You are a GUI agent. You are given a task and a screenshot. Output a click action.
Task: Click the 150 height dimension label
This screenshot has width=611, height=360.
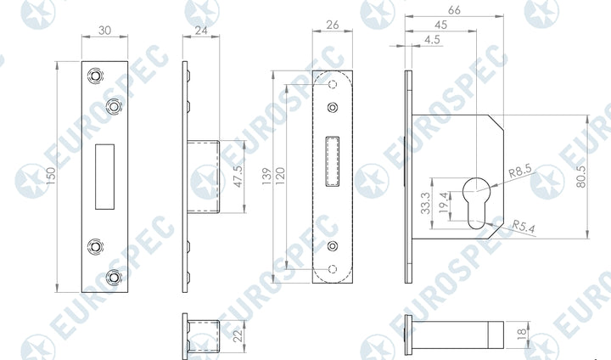click(x=52, y=176)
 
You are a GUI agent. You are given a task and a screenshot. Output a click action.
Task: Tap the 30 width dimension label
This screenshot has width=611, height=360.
click(x=104, y=31)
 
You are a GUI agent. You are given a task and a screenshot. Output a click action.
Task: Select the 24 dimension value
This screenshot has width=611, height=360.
click(x=201, y=30)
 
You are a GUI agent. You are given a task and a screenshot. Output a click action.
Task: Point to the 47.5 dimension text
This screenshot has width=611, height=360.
click(x=238, y=177)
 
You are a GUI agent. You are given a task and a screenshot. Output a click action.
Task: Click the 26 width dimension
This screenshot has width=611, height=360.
click(x=333, y=25)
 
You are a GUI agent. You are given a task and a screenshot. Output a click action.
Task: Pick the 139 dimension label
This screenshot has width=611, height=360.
click(x=266, y=177)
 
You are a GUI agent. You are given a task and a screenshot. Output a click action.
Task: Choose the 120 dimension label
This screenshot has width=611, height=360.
click(x=280, y=177)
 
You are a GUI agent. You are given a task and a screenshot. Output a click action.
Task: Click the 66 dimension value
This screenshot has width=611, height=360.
click(x=454, y=10)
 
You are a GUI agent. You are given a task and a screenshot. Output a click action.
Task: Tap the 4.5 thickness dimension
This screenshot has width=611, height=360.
click(x=432, y=40)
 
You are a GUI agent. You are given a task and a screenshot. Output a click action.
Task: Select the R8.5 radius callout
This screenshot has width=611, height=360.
click(x=520, y=171)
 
